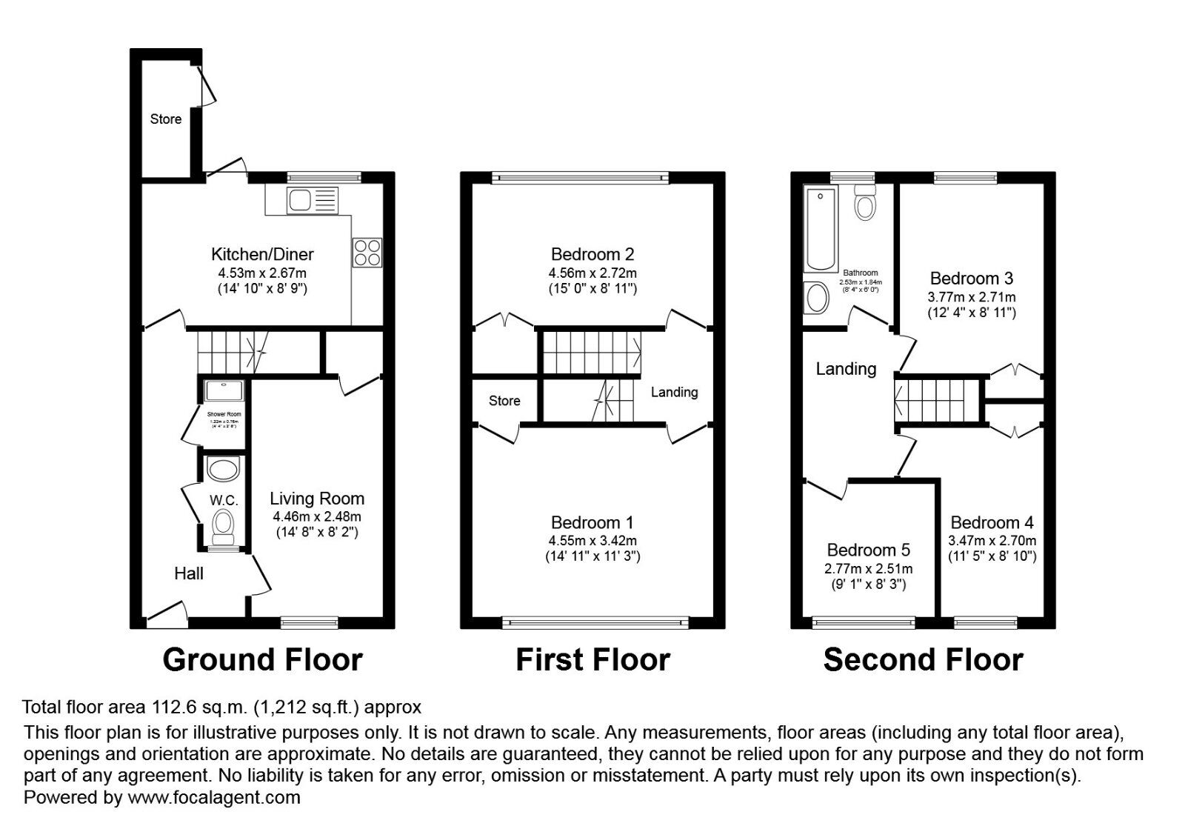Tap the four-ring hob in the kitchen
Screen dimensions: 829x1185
pyautogui.click(x=368, y=251)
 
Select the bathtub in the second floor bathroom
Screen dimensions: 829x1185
pyautogui.click(x=820, y=229)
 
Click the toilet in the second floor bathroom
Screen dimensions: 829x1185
pyautogui.click(x=864, y=201)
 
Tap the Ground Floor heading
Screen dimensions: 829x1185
pyautogui.click(x=262, y=659)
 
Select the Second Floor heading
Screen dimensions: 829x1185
pyautogui.click(x=923, y=659)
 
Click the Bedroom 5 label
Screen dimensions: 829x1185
pyautogui.click(x=868, y=550)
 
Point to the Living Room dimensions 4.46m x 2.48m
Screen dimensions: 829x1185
pyautogui.click(x=316, y=516)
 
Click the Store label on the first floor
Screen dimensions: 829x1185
pyautogui.click(x=504, y=401)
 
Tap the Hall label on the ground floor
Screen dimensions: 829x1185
pyautogui.click(x=189, y=573)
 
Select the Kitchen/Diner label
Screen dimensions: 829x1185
pyautogui.click(x=262, y=254)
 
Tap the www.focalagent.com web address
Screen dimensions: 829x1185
pyautogui.click(x=214, y=798)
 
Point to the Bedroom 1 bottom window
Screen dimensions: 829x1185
pyautogui.click(x=595, y=622)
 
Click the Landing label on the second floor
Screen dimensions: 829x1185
pyautogui.click(x=846, y=368)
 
